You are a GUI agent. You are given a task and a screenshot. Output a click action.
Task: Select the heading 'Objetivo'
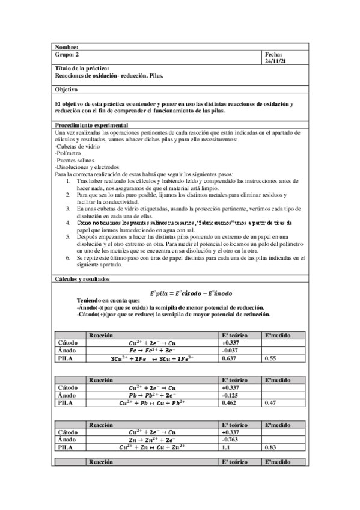pyautogui.click(x=67, y=89)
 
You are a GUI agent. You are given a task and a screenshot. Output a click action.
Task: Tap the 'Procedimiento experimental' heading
pyautogui.click(x=84, y=124)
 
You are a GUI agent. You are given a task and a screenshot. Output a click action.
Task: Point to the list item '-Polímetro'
pyautogui.click(x=69, y=154)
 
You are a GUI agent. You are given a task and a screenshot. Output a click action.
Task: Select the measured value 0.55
pyautogui.click(x=271, y=358)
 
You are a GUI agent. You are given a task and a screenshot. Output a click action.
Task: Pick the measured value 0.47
pyautogui.click(x=271, y=402)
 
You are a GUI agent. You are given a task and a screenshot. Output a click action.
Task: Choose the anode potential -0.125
pyautogui.click(x=231, y=395)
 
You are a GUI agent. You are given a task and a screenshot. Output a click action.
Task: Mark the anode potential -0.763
pyautogui.click(x=231, y=440)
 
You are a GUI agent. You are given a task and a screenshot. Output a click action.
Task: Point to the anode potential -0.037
pyautogui.click(x=231, y=351)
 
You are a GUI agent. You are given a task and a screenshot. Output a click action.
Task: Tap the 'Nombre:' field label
pyautogui.click(x=67, y=47)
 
